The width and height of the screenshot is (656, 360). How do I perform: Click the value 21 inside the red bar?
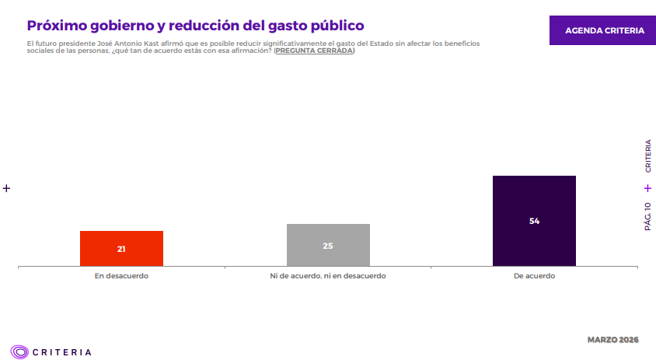121,250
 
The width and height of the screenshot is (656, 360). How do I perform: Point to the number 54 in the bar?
534,221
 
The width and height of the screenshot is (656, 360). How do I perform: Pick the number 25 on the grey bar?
328,246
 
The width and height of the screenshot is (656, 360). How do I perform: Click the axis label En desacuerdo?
121,276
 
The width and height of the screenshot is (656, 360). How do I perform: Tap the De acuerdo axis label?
534,276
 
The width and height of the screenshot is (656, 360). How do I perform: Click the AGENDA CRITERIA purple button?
604,30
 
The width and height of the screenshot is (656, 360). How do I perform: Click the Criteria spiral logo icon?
19,351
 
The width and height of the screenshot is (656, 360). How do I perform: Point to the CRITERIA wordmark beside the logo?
62,352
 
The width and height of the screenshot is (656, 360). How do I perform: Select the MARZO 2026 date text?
612,340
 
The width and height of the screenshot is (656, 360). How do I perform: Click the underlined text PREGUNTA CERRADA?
314,51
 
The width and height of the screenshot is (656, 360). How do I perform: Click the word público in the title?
334,26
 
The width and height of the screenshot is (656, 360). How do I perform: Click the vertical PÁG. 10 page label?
647,216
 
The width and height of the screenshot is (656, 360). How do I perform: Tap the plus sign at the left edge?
6,188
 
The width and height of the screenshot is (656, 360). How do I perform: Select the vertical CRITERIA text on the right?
647,156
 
